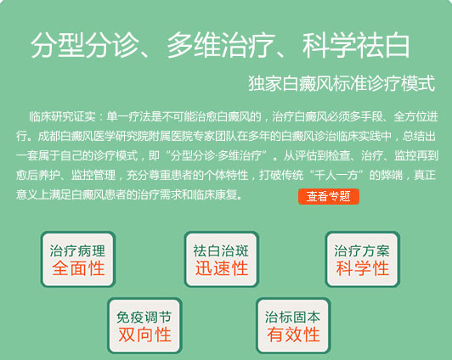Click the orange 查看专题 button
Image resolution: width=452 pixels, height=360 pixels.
point(329,196)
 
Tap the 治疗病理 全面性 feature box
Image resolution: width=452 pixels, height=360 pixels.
point(78,260)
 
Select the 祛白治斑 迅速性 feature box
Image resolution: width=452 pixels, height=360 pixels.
point(222,260)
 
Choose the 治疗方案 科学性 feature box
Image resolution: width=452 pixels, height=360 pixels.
point(362,260)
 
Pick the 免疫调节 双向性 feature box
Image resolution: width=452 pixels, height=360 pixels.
point(144,326)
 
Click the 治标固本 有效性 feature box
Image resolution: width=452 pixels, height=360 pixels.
point(293,326)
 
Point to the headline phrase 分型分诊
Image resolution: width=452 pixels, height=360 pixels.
point(84,45)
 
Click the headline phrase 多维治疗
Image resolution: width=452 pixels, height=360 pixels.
point(221,45)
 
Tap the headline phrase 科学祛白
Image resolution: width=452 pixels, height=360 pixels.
point(356,45)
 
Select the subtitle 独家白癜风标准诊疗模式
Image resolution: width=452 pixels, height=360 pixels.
point(342,83)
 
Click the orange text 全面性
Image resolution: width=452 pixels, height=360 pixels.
point(78,268)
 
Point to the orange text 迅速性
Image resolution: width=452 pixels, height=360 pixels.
point(222,268)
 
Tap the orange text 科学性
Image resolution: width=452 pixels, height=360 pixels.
point(362,268)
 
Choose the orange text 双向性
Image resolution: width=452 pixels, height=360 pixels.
point(144,335)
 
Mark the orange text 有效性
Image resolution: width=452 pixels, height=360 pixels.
point(293,335)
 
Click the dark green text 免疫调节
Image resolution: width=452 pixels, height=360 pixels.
point(144,317)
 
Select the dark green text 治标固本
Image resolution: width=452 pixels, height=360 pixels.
point(292,317)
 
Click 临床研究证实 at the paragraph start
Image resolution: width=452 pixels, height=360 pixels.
point(62,116)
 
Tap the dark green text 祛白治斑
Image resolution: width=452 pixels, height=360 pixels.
point(221,250)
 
